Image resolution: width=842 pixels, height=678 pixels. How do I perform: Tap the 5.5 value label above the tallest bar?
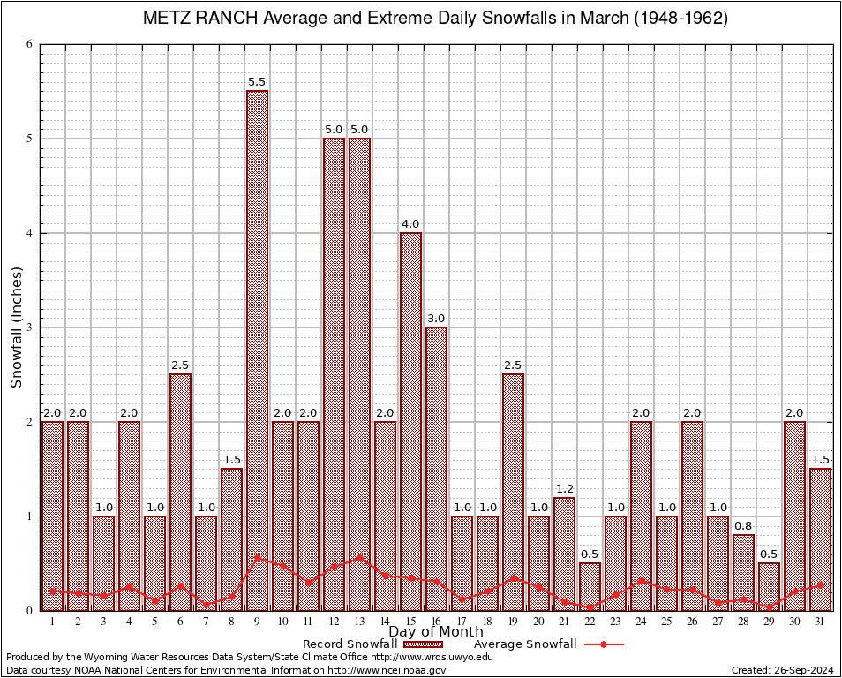click(257, 82)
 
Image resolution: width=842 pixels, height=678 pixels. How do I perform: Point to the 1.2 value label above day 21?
click(564, 489)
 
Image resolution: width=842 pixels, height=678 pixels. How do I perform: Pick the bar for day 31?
click(820, 539)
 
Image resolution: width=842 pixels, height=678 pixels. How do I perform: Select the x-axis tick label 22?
click(590, 621)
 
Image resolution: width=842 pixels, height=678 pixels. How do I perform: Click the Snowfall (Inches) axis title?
click(17, 328)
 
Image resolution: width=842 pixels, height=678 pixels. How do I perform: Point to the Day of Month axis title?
click(435, 632)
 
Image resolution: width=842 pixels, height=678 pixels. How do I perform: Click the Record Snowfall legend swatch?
click(424, 644)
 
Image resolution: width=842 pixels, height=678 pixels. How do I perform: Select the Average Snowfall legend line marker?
click(604, 644)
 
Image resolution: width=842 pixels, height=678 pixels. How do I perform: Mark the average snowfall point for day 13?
click(359, 557)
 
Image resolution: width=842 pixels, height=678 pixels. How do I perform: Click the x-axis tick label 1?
click(52, 621)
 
